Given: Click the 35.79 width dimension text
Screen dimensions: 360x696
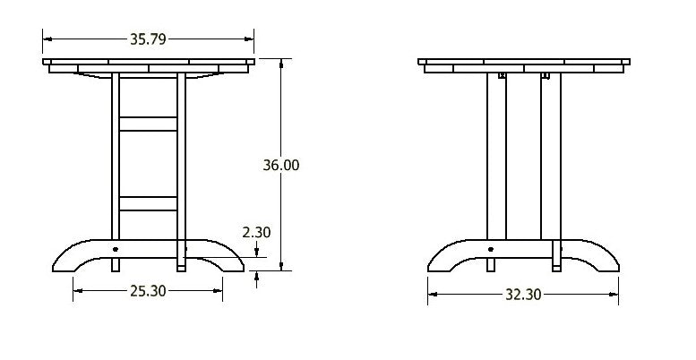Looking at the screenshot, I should tap(148, 39).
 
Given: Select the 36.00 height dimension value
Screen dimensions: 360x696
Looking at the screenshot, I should tap(280, 165).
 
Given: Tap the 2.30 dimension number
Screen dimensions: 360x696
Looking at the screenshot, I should tap(256, 232).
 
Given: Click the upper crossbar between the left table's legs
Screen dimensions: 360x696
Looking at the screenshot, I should tap(148, 124).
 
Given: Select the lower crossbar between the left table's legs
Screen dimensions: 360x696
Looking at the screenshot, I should tap(148, 203).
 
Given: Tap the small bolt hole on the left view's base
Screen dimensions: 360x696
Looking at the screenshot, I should tap(116, 249).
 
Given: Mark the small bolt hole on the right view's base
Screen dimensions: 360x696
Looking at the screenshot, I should tap(490, 249).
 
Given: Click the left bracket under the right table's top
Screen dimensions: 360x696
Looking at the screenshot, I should tap(501, 77).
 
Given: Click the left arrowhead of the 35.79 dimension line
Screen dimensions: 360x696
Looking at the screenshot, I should tap(47, 39).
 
